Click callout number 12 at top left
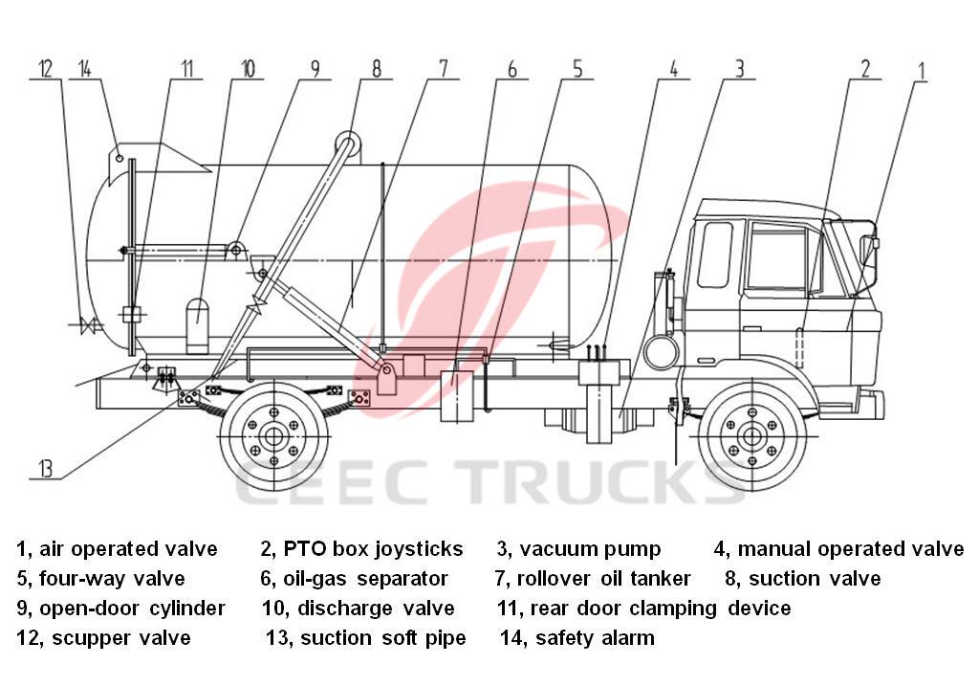pyautogui.click(x=45, y=69)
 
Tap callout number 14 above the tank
pyautogui.click(x=86, y=69)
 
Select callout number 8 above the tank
pyautogui.click(x=376, y=69)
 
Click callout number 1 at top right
pyautogui.click(x=922, y=69)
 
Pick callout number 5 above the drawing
pyautogui.click(x=577, y=69)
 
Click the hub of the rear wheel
pyautogui.click(x=273, y=436)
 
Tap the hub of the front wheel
pyautogui.click(x=751, y=436)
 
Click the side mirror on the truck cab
pyautogui.click(x=871, y=251)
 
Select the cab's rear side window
pyautogui.click(x=714, y=255)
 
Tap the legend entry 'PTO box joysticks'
pyautogui.click(x=373, y=549)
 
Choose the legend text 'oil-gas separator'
pyautogui.click(x=365, y=579)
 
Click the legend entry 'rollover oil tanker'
pyautogui.click(x=604, y=579)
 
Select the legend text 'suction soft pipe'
pyautogui.click(x=382, y=638)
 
